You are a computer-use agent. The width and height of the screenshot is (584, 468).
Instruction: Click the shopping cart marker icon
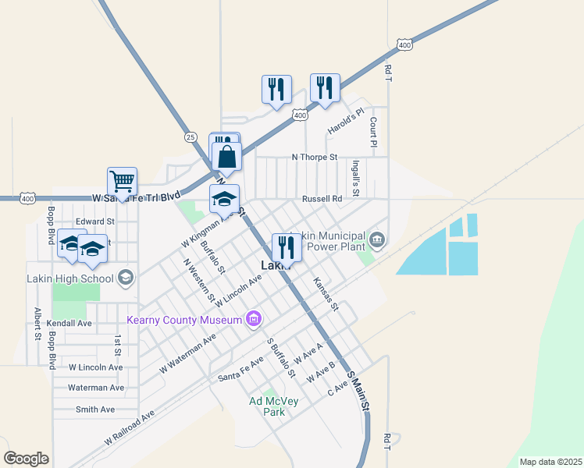122,182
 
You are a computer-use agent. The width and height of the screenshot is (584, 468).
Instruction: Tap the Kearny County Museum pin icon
253,318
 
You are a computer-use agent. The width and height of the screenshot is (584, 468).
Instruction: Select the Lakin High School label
70,278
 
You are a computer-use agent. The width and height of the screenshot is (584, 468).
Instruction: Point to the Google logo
26,458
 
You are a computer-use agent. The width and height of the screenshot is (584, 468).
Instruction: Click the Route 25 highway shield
191,136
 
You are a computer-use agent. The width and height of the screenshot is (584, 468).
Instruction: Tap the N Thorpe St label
314,157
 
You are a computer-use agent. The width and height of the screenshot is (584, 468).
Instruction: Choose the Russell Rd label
322,199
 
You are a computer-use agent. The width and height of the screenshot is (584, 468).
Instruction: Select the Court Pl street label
373,132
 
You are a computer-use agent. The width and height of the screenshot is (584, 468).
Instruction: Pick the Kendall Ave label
69,323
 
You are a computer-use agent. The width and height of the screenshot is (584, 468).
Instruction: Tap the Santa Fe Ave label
240,376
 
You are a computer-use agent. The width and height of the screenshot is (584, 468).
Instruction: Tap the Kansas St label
326,294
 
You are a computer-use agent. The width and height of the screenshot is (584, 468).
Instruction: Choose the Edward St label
95,221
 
